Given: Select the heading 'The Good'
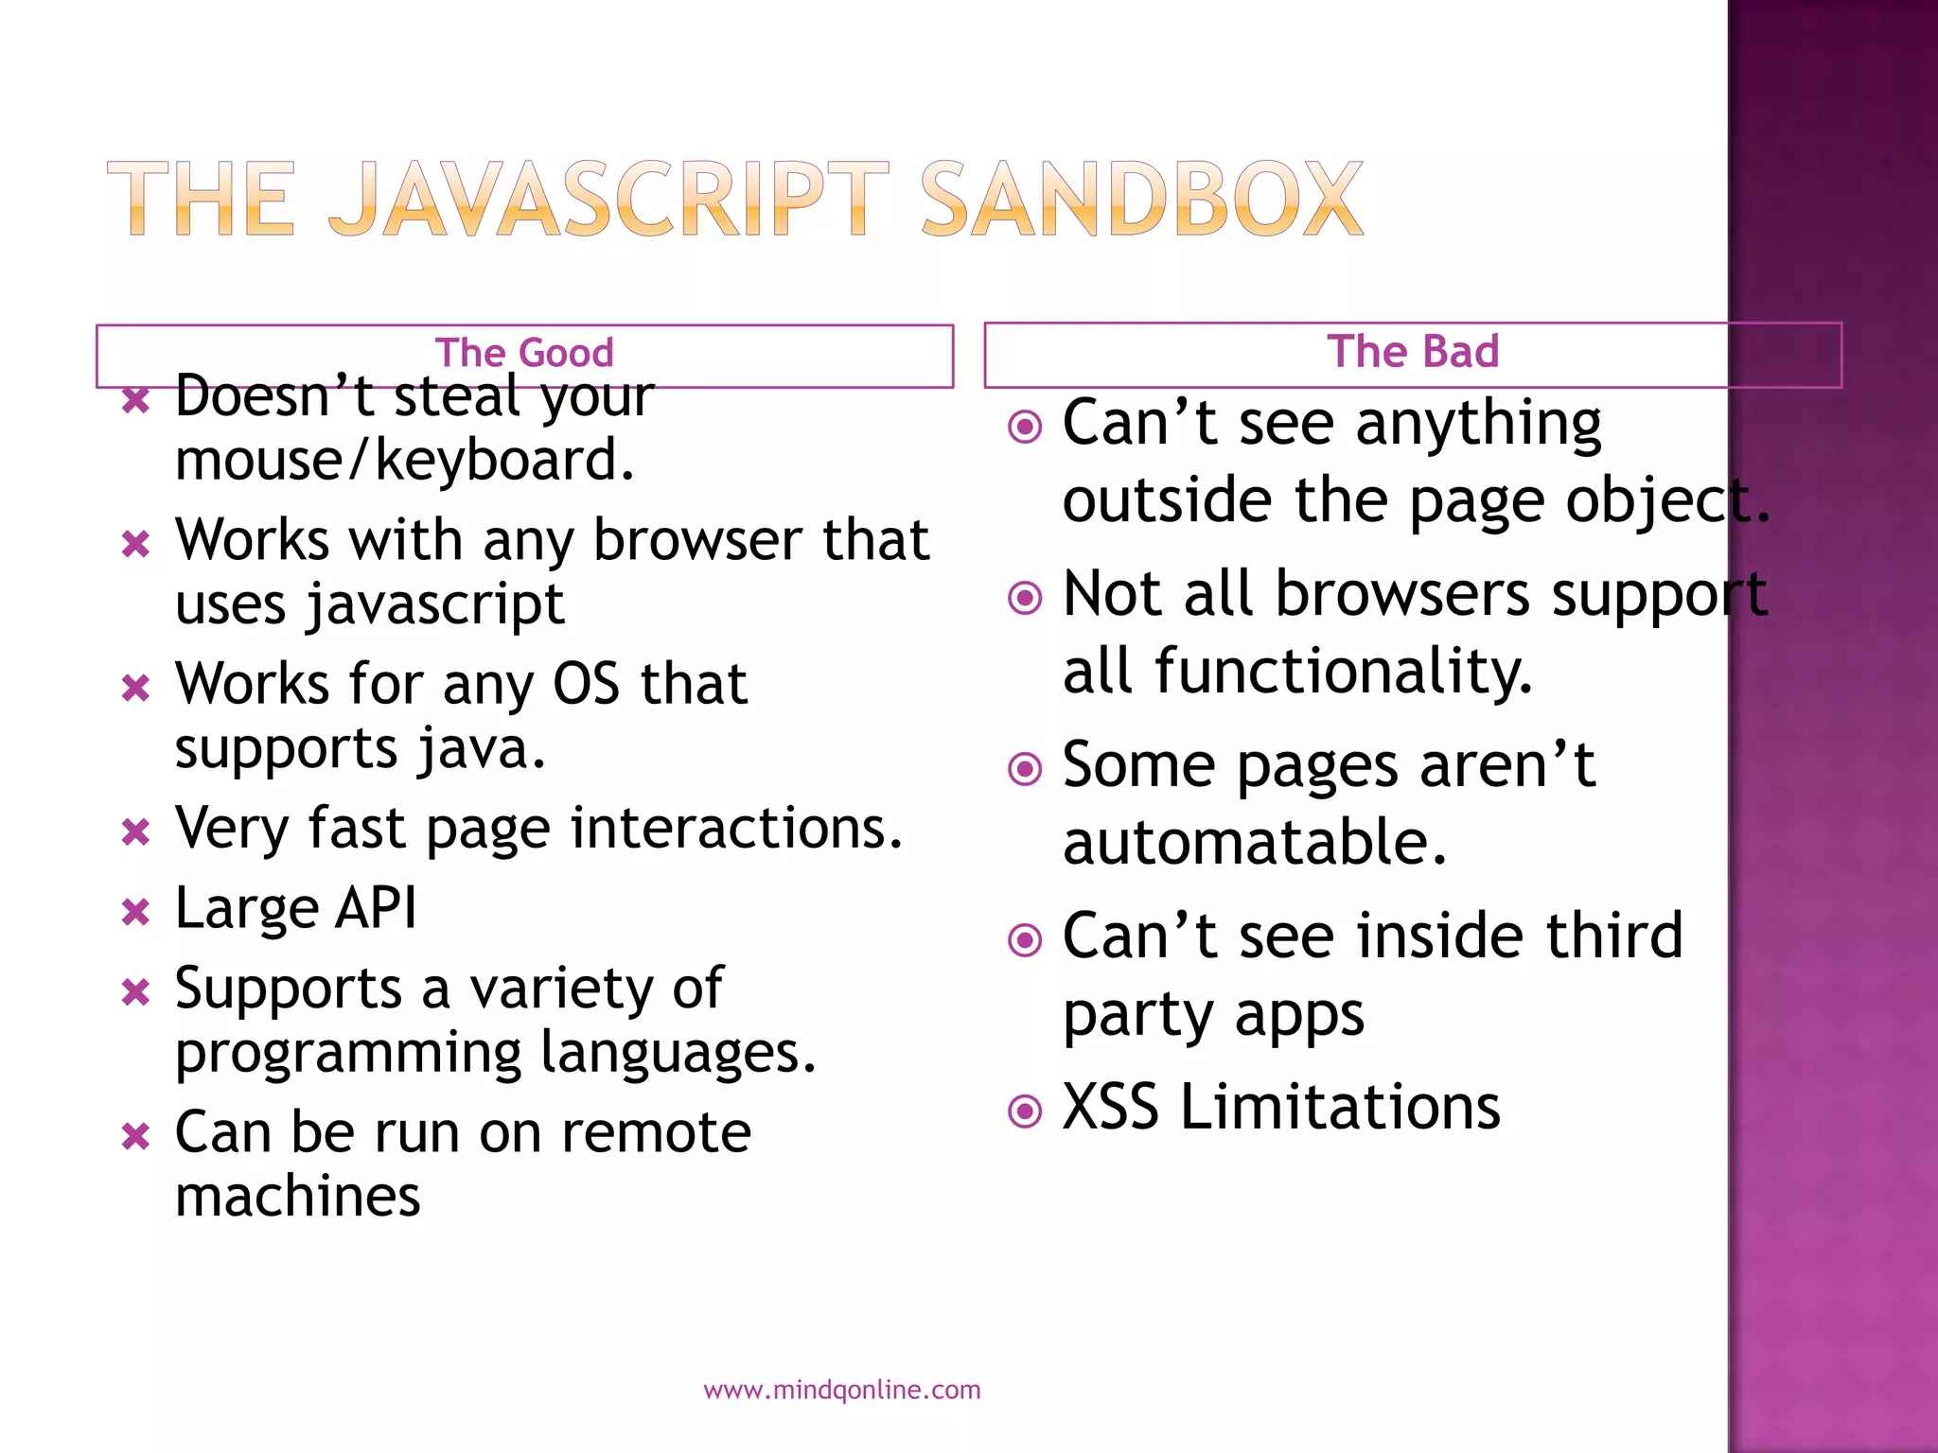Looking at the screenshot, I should coord(524,353).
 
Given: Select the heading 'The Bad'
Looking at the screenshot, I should coord(1413,351).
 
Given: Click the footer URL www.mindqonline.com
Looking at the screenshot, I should coord(841,1390).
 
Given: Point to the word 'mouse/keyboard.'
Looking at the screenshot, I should coord(405,461).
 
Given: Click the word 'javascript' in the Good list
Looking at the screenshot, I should coord(436,604).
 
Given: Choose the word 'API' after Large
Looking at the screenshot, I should coord(377,908).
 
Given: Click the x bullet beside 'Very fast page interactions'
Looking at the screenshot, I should coord(136,832).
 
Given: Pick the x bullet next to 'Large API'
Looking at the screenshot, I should coord(136,913).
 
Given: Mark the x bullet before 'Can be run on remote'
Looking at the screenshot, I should coord(136,1136).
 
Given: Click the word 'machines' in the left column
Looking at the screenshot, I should coord(298,1197).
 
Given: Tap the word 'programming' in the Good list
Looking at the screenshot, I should coord(348,1054).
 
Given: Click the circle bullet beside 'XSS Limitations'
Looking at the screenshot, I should coord(1025,1111).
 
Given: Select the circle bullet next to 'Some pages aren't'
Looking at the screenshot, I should coord(1025,768).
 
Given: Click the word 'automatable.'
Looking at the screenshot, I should coord(1255,843).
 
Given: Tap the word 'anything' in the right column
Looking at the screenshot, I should coord(1478,424).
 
